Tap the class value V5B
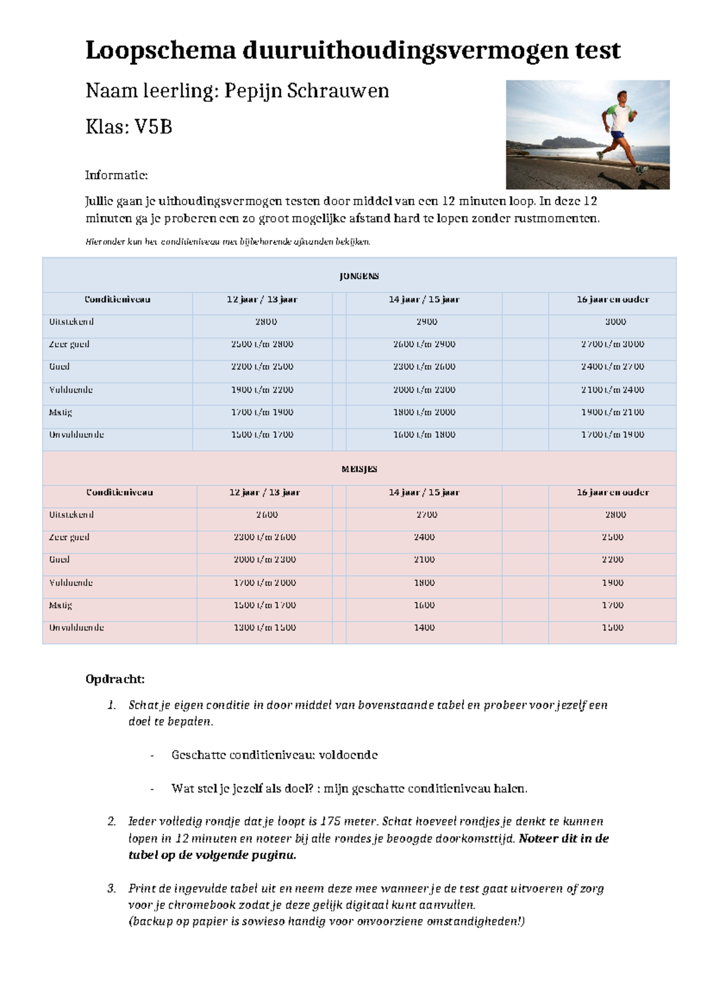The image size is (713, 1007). click(153, 126)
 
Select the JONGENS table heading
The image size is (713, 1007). click(359, 276)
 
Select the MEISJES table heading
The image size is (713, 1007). click(359, 469)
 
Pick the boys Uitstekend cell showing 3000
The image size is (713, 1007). click(615, 322)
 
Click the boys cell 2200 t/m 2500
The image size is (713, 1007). click(262, 367)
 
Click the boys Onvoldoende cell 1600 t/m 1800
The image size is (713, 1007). click(424, 435)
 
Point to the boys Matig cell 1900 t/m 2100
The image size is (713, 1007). click(613, 412)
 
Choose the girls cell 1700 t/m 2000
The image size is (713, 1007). click(264, 583)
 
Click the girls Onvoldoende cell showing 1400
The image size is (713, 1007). click(424, 628)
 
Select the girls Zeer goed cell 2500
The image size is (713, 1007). click(613, 537)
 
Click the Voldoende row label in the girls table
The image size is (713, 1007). click(71, 583)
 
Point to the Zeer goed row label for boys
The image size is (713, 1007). click(69, 344)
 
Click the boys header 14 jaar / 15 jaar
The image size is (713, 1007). click(424, 299)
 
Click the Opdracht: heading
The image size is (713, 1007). click(115, 679)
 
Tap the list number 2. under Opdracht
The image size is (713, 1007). click(112, 822)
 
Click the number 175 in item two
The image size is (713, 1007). click(330, 822)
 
